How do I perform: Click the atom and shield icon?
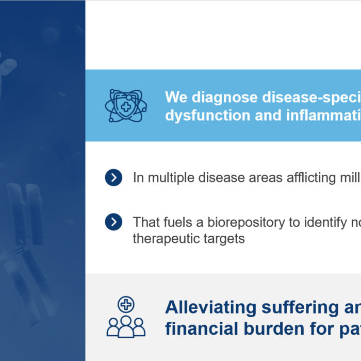[x=126, y=106]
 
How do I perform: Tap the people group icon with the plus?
[x=126, y=317]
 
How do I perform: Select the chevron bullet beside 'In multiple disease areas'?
[x=113, y=177]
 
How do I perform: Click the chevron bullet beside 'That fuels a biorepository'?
[x=113, y=222]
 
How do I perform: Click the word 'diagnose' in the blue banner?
[x=224, y=97]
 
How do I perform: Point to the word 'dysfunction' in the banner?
[x=207, y=115]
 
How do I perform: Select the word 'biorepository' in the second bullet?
[x=246, y=223]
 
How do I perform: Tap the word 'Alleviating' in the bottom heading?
[x=210, y=307]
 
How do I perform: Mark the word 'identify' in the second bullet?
[x=325, y=223]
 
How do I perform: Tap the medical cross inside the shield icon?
[x=126, y=107]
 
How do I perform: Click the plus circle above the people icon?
[x=126, y=304]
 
